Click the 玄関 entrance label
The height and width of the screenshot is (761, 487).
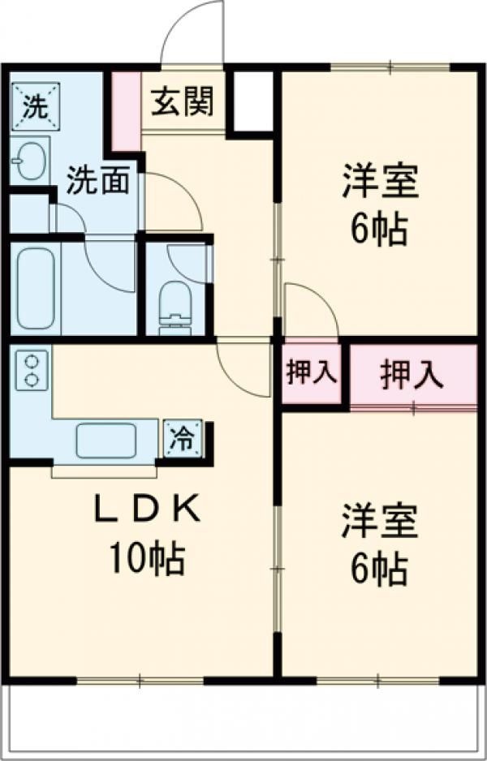coord(182,102)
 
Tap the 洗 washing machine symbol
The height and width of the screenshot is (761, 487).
coord(36,107)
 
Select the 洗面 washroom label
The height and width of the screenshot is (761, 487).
coord(97,180)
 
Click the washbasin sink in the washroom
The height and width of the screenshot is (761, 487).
coord(29,160)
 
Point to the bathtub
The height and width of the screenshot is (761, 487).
coord(36,288)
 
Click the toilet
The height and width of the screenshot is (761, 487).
coord(175,308)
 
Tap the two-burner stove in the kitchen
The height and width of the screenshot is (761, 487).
coord(32,370)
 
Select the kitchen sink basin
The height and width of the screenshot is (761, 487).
coord(106,440)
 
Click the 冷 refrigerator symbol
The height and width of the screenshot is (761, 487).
coord(183,439)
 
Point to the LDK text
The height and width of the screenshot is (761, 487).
coord(147,509)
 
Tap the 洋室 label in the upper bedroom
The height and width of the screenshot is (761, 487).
coord(380,181)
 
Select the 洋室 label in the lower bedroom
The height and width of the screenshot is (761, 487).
coord(380,521)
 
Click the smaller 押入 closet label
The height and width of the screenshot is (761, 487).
coord(311,373)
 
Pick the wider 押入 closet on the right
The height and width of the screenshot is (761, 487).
coord(412,374)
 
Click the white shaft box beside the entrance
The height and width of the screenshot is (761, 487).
coord(253,101)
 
